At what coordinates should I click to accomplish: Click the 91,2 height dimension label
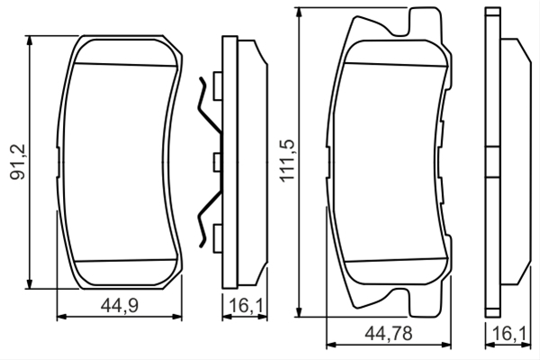pyautogui.click(x=18, y=162)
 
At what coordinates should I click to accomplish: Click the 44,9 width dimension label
pyautogui.click(x=120, y=305)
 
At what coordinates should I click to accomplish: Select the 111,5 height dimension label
pyautogui.click(x=286, y=160)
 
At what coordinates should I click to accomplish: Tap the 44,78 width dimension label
pyautogui.click(x=389, y=334)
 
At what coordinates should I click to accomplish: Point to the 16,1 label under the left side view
pyautogui.click(x=246, y=306)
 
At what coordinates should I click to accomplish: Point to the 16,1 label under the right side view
pyautogui.click(x=509, y=334)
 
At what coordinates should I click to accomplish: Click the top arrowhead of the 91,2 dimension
pyautogui.click(x=30, y=40)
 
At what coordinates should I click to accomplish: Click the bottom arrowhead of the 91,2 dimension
pyautogui.click(x=30, y=283)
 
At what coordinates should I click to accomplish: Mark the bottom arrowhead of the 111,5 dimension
pyautogui.click(x=299, y=311)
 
